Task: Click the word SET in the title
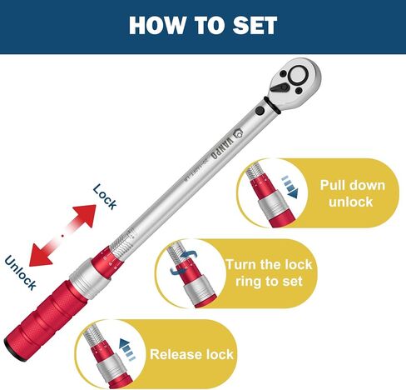[x=252, y=25]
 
